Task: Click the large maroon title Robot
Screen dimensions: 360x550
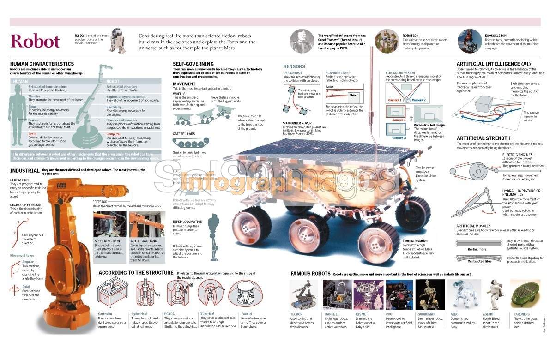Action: [35, 41]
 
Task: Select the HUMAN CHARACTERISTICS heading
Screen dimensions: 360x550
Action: [42, 64]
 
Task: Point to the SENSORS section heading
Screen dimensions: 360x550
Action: [294, 66]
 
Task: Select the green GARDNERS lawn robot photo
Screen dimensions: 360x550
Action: [525, 294]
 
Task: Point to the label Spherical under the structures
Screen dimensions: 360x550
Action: [207, 314]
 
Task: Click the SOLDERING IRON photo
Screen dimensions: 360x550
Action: [109, 224]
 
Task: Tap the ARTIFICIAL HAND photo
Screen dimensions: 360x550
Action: [146, 224]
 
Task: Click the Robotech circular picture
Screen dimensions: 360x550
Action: [387, 40]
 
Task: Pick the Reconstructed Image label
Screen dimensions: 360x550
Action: [429, 125]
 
